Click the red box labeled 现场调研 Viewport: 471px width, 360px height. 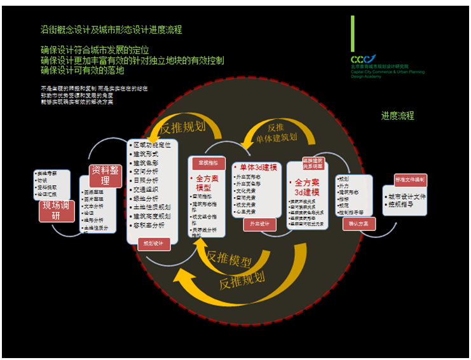tap(58, 210)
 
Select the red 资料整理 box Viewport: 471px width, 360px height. tap(106, 176)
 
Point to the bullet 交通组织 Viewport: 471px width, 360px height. tap(148, 189)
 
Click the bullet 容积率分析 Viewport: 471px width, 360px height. tap(150, 225)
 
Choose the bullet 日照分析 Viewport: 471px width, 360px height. tap(148, 180)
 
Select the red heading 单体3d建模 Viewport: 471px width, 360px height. tap(256, 167)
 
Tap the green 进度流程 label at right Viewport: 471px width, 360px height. tap(397, 116)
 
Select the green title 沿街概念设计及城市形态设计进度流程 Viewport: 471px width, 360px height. tap(111, 30)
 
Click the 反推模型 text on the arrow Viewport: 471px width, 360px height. tap(229, 259)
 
